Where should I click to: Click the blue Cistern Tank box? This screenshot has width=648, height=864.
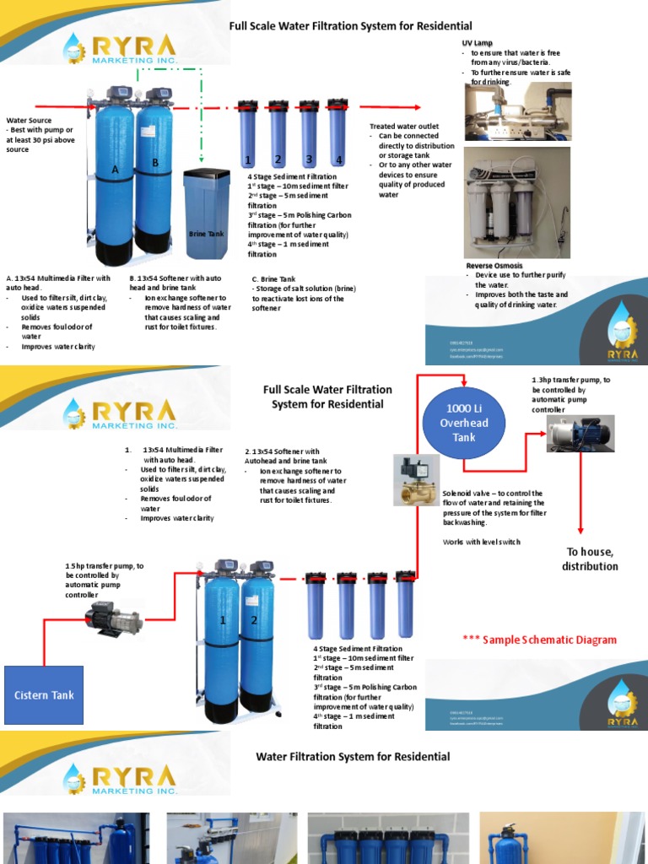[x=44, y=695]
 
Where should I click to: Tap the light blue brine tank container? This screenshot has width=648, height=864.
[x=207, y=210]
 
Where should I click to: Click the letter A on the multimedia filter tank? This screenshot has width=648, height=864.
[x=115, y=170]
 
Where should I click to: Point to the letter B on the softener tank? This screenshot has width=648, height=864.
[x=155, y=163]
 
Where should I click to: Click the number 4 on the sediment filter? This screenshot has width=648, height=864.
[x=338, y=159]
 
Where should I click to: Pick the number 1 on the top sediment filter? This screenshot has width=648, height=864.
[x=248, y=159]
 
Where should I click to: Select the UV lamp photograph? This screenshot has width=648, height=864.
[x=517, y=111]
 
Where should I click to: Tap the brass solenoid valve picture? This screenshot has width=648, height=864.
[x=416, y=480]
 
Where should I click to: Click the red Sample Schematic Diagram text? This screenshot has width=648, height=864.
[x=539, y=640]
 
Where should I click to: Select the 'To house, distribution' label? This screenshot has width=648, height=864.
[x=590, y=559]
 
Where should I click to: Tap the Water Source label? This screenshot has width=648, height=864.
[x=30, y=120]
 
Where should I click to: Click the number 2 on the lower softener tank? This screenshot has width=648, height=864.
[x=254, y=620]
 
